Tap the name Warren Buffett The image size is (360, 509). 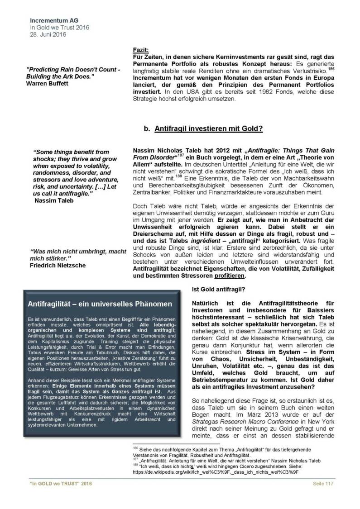tap(48, 84)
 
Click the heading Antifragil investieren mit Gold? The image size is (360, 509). tap(209, 129)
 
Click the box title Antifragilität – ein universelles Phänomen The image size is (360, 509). tap(100, 303)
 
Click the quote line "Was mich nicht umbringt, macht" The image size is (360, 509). tap(78, 251)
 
